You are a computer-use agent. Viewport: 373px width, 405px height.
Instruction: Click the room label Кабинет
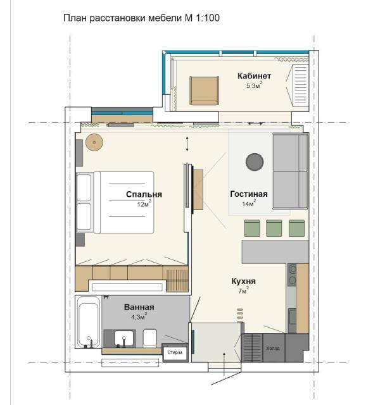(x=254, y=76)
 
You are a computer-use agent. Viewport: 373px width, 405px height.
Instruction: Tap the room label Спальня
(x=144, y=194)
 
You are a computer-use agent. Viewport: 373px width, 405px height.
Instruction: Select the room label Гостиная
(x=249, y=194)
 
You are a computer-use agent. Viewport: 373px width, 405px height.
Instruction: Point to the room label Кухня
(x=244, y=281)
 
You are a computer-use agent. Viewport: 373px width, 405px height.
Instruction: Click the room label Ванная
(x=139, y=307)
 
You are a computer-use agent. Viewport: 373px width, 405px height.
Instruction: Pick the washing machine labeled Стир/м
(x=175, y=352)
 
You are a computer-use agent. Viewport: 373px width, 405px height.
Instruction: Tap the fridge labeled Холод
(x=274, y=347)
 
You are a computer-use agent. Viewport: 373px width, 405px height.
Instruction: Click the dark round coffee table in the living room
(x=255, y=162)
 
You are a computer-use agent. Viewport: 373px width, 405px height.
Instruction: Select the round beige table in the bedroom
(x=94, y=142)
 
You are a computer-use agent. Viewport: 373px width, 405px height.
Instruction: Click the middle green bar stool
(x=274, y=228)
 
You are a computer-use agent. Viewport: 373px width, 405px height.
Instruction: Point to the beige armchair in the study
(x=204, y=90)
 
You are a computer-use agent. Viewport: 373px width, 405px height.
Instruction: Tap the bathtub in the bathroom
(x=89, y=322)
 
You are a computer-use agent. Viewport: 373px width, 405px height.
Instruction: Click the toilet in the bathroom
(x=150, y=338)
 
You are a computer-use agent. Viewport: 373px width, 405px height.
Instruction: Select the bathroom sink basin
(x=124, y=338)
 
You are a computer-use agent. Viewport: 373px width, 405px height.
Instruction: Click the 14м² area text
(x=249, y=203)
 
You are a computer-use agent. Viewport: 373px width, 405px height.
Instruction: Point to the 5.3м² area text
(x=254, y=85)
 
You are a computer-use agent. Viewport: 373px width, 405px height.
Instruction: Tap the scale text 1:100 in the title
(x=208, y=18)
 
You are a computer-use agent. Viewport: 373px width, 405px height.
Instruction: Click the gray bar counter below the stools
(x=275, y=252)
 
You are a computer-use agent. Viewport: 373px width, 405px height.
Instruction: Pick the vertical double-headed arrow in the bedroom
(x=187, y=144)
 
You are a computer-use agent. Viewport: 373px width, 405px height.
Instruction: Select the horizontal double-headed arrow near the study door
(x=255, y=124)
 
